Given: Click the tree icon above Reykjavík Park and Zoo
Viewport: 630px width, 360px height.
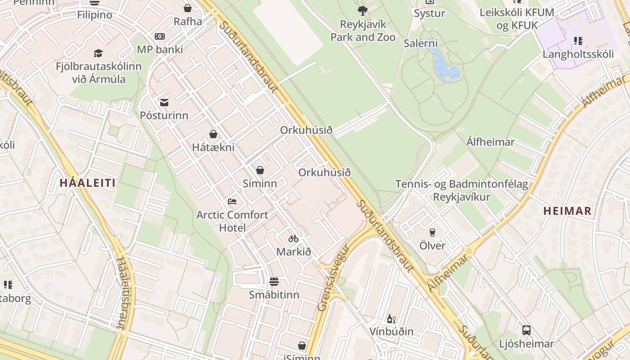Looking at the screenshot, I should click(362, 10).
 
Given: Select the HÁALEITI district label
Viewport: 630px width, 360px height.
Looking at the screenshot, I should click(88, 183).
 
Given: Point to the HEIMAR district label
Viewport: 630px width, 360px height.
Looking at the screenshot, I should click(567, 211).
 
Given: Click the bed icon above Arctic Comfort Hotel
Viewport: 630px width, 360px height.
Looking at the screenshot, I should click(232, 201).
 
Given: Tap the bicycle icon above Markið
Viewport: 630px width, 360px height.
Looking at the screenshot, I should click(293, 238).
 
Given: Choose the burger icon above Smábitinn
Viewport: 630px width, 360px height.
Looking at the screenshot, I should click(274, 282).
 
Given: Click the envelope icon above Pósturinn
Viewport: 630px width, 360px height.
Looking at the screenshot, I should click(164, 103).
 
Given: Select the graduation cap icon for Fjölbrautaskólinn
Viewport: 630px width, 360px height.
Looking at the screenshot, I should click(98, 54).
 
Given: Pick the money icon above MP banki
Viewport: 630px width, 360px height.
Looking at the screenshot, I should click(160, 36).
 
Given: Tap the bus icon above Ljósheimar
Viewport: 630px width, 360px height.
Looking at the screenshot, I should click(526, 330).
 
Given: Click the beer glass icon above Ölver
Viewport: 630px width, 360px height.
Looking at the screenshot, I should click(432, 232).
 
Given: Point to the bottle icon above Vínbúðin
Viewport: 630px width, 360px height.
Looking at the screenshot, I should click(391, 319).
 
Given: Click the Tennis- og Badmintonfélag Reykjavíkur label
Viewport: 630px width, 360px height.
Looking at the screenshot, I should click(461, 190).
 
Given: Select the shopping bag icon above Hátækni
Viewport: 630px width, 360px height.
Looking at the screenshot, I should click(213, 134).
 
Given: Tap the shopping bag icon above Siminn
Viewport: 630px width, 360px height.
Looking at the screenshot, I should click(260, 170).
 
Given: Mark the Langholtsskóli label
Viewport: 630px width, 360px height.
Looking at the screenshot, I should click(578, 54).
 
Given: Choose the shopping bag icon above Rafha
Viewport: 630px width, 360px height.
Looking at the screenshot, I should click(188, 8).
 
